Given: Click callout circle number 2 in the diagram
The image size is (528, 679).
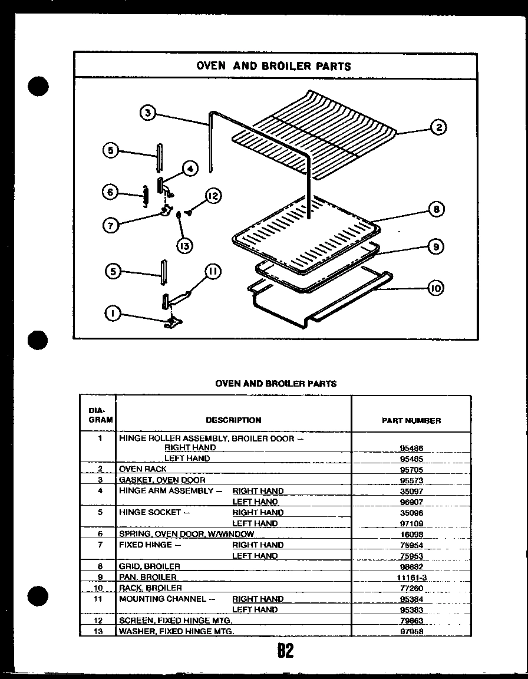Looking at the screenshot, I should click(x=438, y=127).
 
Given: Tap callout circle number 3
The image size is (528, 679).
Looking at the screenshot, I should click(x=147, y=113).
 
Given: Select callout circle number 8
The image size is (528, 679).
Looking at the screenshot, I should click(x=437, y=209).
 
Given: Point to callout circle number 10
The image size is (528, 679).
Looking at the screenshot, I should click(x=435, y=288).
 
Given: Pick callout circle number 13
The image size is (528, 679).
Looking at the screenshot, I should click(x=185, y=246).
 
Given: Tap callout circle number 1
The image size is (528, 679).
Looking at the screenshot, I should click(x=111, y=314).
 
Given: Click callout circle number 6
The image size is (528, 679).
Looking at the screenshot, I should click(x=110, y=192).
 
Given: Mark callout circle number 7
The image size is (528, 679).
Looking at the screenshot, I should click(x=110, y=225).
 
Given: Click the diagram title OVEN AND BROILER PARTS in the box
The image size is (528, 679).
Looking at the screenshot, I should click(x=273, y=66).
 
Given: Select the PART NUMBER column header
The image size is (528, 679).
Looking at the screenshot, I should click(x=411, y=420).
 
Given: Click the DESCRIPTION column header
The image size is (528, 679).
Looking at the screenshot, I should click(x=233, y=420).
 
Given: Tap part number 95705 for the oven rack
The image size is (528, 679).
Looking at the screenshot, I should click(x=411, y=470).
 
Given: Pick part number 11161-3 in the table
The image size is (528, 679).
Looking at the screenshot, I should click(x=411, y=578).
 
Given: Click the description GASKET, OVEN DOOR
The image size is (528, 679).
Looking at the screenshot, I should click(x=162, y=480).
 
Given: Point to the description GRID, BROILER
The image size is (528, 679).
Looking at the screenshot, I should click(x=150, y=566).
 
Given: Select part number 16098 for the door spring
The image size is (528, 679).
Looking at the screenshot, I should click(x=411, y=535).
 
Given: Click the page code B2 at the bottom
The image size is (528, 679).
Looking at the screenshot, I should click(x=285, y=651).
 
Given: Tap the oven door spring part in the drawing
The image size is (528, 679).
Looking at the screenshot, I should click(x=144, y=196).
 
